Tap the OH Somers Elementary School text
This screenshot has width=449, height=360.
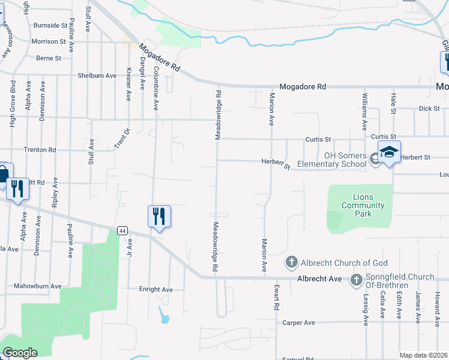(x=345, y=160)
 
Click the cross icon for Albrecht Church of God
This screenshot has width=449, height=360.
(x=291, y=262)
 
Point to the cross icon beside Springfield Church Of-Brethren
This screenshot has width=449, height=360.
(x=357, y=280)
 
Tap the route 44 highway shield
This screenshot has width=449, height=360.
(x=122, y=230)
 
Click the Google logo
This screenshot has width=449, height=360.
(x=20, y=353)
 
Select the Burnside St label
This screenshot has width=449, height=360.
(x=50, y=25)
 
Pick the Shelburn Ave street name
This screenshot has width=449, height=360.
(x=97, y=76)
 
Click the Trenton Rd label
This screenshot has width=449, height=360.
(x=40, y=149)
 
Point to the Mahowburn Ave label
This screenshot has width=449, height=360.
(x=38, y=286)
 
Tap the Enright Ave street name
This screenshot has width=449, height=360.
(x=155, y=289)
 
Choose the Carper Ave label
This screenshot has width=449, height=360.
(x=298, y=322)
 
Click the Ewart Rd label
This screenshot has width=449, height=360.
(x=277, y=297)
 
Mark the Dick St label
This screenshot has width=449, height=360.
(x=429, y=109)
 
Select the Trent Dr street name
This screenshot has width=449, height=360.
(x=122, y=139)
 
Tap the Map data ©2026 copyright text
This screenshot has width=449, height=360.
(x=424, y=355)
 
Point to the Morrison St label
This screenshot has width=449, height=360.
(x=49, y=41)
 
